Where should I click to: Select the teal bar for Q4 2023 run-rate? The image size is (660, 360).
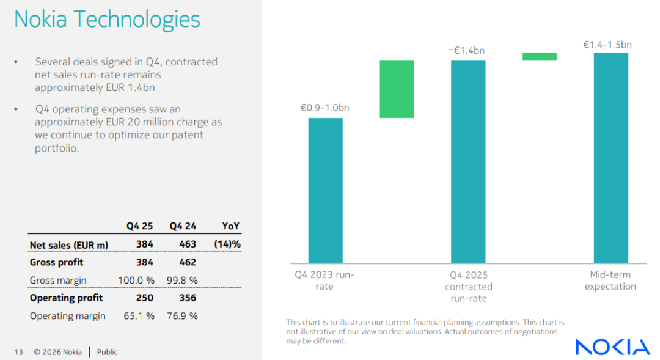click(325, 190)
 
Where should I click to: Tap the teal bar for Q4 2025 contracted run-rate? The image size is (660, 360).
click(468, 161)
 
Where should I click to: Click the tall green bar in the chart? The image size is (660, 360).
click(397, 89)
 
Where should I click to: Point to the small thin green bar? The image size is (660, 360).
click(540, 56)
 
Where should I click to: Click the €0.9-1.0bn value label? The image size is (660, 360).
click(325, 108)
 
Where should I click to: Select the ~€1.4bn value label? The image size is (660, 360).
click(468, 51)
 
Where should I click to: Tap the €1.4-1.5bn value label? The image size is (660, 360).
click(607, 45)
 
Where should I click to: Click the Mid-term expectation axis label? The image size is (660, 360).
click(610, 281)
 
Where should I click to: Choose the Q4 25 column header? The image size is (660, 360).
click(140, 226)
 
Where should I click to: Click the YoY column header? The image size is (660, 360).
click(231, 226)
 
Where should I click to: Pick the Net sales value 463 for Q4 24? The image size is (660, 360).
click(188, 244)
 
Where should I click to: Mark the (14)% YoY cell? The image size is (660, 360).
click(227, 244)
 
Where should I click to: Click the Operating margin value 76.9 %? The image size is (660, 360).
click(184, 316)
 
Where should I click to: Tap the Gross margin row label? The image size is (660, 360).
click(58, 281)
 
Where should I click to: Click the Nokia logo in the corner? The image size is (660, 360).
click(612, 347)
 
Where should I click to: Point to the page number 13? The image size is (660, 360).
click(18, 352)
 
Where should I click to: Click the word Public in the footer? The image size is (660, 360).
click(108, 352)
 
